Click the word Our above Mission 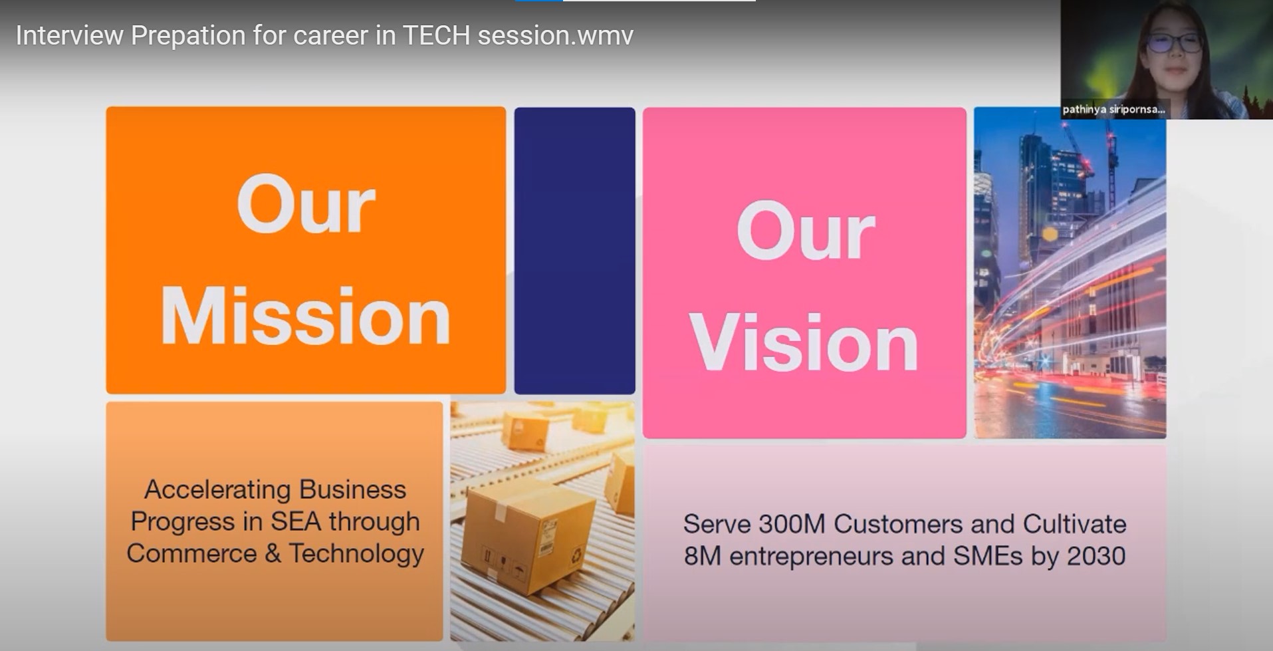(x=306, y=204)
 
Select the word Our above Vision (x=806, y=230)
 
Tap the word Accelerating (x=217, y=490)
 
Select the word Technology (x=356, y=554)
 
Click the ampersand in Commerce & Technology (x=273, y=553)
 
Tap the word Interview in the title (x=70, y=35)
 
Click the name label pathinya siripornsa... (x=1113, y=109)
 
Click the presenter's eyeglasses (x=1174, y=43)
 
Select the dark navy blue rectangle (x=575, y=251)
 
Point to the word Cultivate (x=1074, y=524)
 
